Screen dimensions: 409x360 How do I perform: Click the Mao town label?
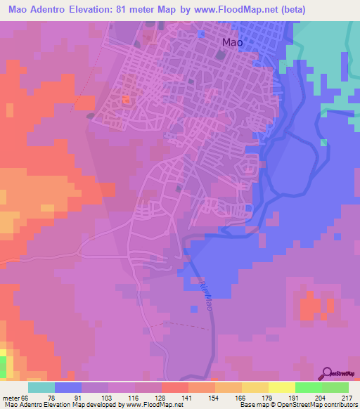point(232,42)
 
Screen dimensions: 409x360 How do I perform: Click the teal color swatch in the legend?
point(41,387)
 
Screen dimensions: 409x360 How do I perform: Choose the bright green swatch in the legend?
point(308,387)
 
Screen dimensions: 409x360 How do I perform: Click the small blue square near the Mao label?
point(202,33)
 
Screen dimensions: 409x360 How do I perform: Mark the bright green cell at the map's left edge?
point(3,366)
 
